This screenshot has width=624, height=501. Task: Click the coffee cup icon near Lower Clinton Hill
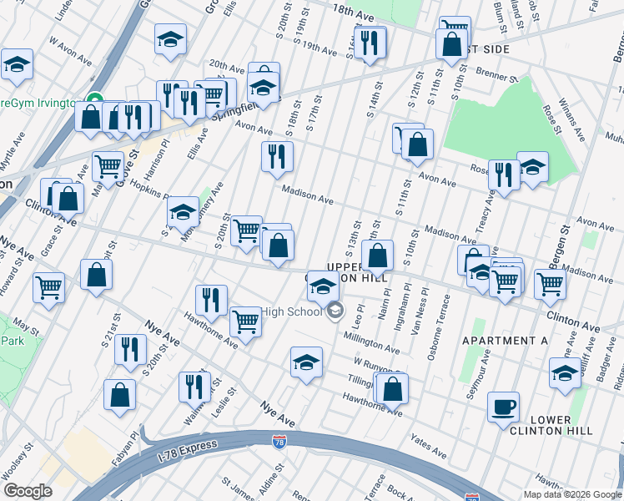503,408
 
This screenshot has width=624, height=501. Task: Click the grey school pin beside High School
335,312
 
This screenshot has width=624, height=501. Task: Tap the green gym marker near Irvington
95,102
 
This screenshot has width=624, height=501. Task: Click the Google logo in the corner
28,492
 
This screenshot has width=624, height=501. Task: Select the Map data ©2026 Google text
571,494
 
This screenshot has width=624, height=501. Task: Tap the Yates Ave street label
428,444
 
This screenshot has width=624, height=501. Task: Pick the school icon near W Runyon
306,362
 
